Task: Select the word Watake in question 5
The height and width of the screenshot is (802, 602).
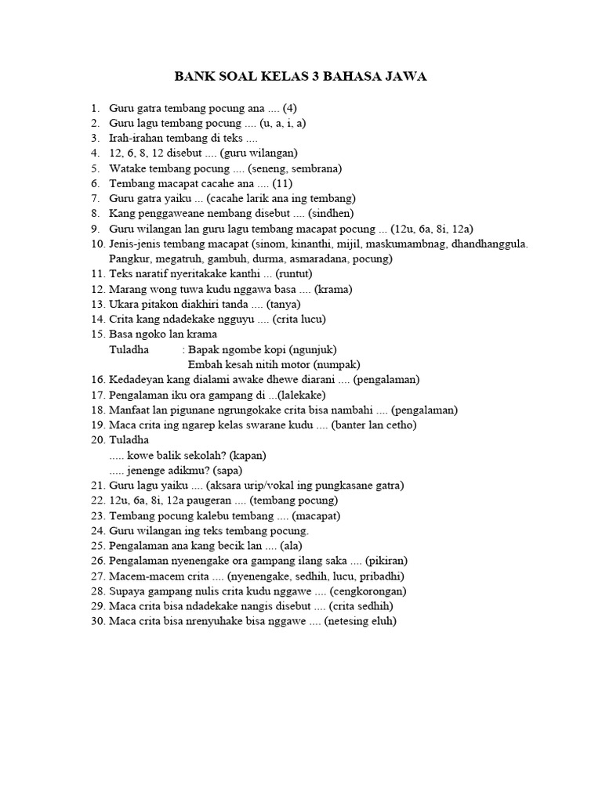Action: (x=127, y=168)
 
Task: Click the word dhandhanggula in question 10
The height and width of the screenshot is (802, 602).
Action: (x=487, y=244)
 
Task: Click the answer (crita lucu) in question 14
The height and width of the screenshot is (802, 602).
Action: (x=299, y=320)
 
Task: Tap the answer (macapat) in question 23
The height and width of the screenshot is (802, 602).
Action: (x=315, y=516)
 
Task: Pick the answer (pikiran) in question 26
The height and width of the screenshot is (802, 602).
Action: (x=382, y=562)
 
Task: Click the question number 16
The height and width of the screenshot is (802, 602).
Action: (x=97, y=380)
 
